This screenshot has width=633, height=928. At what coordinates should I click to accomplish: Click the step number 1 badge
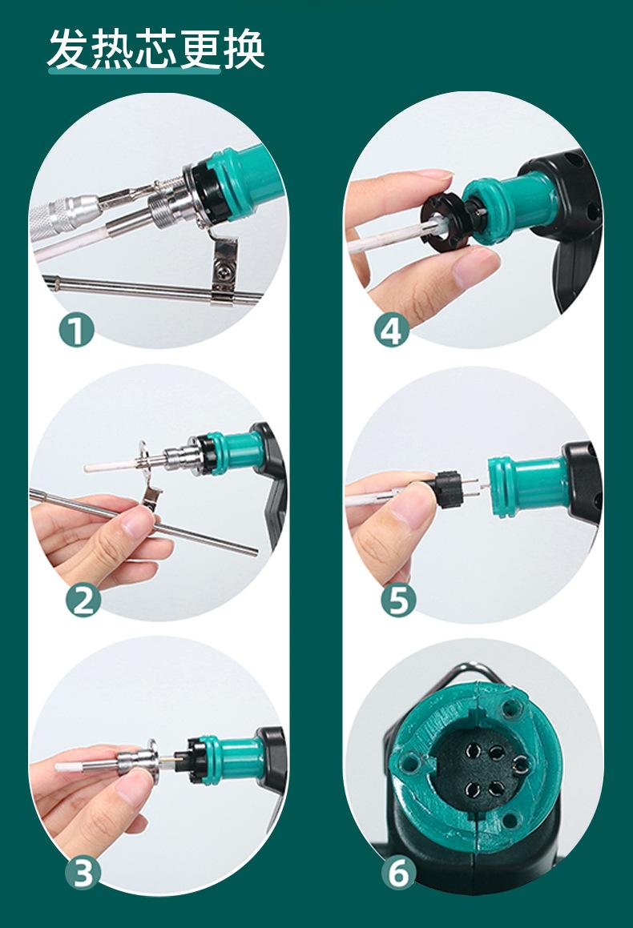click(76, 330)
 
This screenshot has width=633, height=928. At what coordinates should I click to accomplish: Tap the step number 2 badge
click(83, 600)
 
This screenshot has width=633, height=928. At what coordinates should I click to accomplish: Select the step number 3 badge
click(83, 873)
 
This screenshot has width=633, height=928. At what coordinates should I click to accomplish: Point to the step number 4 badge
click(391, 330)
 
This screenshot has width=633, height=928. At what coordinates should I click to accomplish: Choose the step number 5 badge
click(398, 600)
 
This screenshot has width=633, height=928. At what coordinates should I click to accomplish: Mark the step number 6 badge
click(398, 873)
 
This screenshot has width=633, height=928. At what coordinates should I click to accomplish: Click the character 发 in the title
click(69, 49)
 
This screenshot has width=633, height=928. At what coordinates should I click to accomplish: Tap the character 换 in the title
click(244, 49)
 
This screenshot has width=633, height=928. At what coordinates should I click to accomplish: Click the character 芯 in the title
click(156, 49)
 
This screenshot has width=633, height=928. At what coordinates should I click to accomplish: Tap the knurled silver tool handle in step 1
click(62, 215)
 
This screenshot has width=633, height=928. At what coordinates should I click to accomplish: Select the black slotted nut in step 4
click(444, 223)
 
